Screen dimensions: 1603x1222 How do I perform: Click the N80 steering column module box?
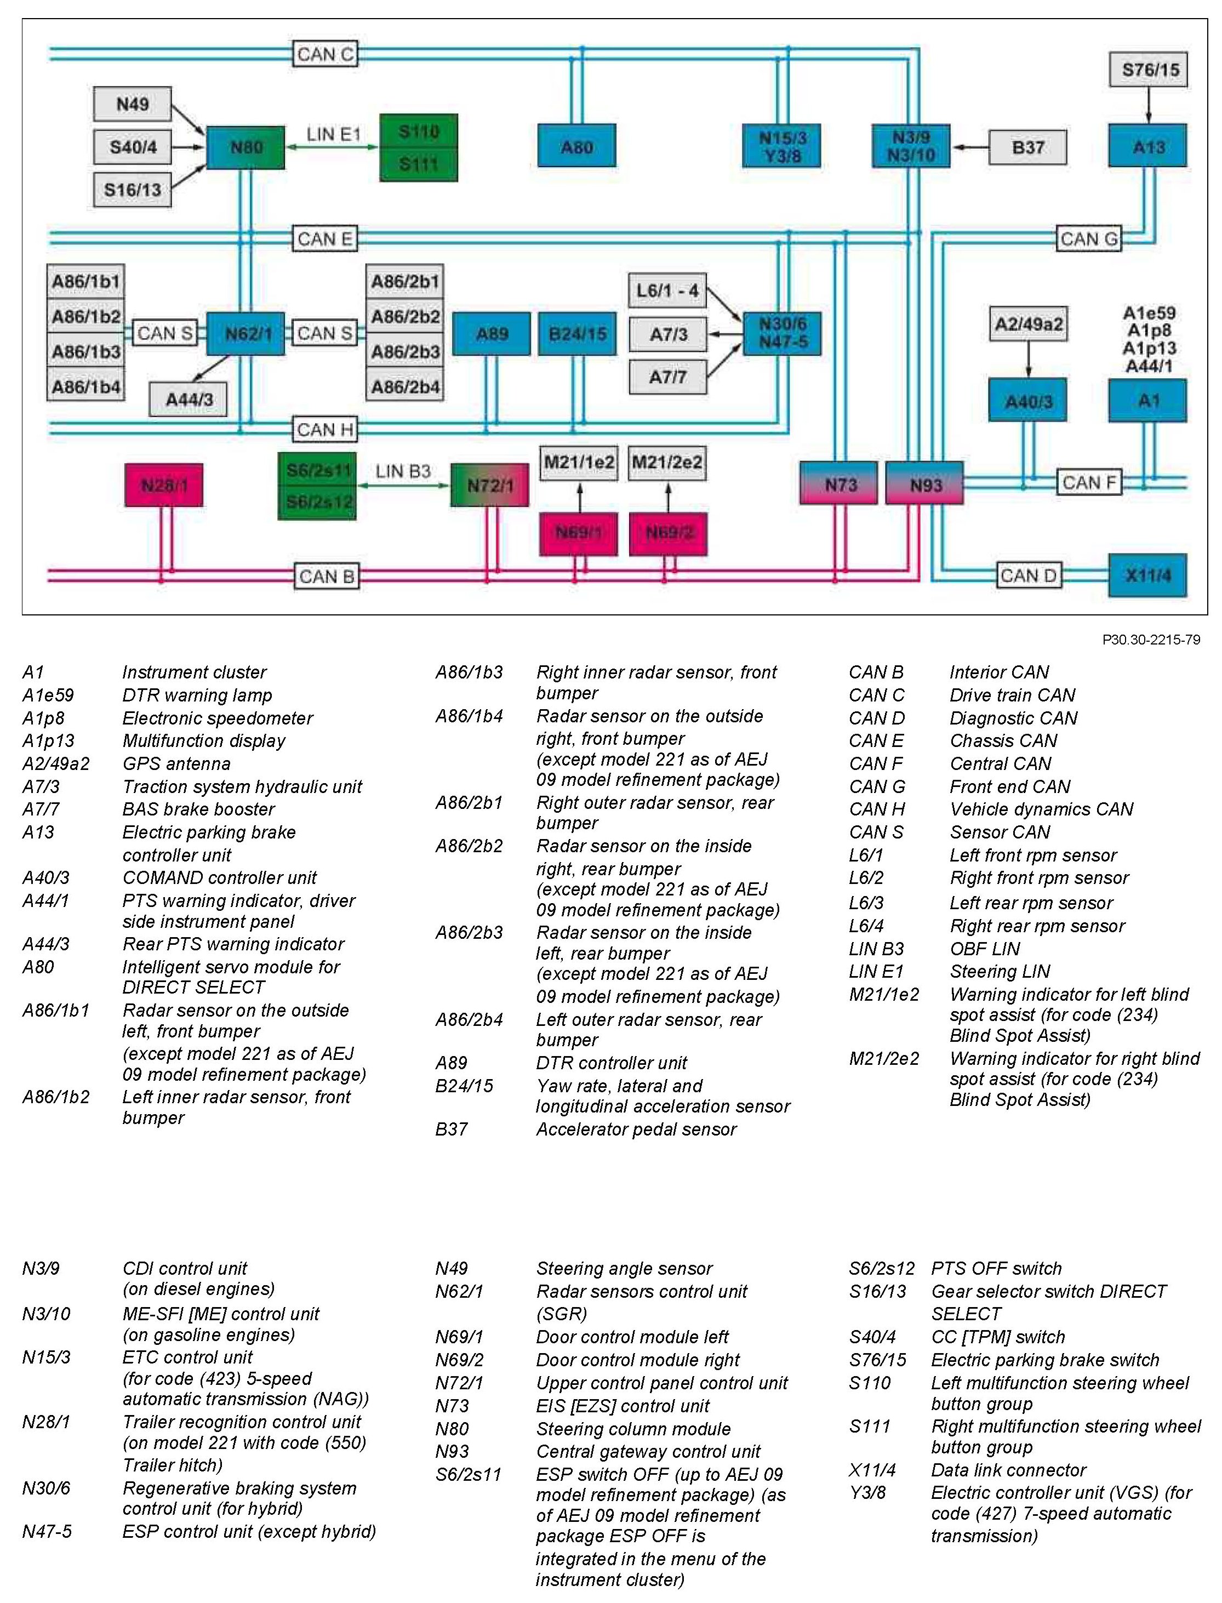tap(246, 147)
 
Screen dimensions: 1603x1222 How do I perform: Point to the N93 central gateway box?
tap(925, 484)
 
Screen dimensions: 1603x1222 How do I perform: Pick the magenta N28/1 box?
tap(164, 485)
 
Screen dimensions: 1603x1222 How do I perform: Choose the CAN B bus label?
tap(327, 576)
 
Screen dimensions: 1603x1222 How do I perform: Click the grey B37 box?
tap(1028, 147)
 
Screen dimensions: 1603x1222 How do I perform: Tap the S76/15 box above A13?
tap(1149, 70)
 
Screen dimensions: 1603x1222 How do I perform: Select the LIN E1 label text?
tap(333, 135)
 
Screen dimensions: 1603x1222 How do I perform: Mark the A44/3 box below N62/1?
tap(189, 400)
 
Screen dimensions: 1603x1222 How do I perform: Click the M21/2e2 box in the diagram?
tap(667, 463)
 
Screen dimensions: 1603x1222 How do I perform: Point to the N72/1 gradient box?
tap(489, 485)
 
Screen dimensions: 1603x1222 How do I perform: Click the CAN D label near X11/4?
tap(1028, 575)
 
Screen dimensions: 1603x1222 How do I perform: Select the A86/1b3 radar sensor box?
tap(86, 352)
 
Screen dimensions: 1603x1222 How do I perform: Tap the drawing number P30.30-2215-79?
tap(1151, 640)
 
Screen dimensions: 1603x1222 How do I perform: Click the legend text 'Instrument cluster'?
tap(194, 672)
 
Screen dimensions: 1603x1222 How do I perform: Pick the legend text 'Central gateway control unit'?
tap(648, 1451)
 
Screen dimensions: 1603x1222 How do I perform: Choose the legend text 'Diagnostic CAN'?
tap(1013, 718)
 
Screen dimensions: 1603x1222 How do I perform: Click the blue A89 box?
tap(492, 334)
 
